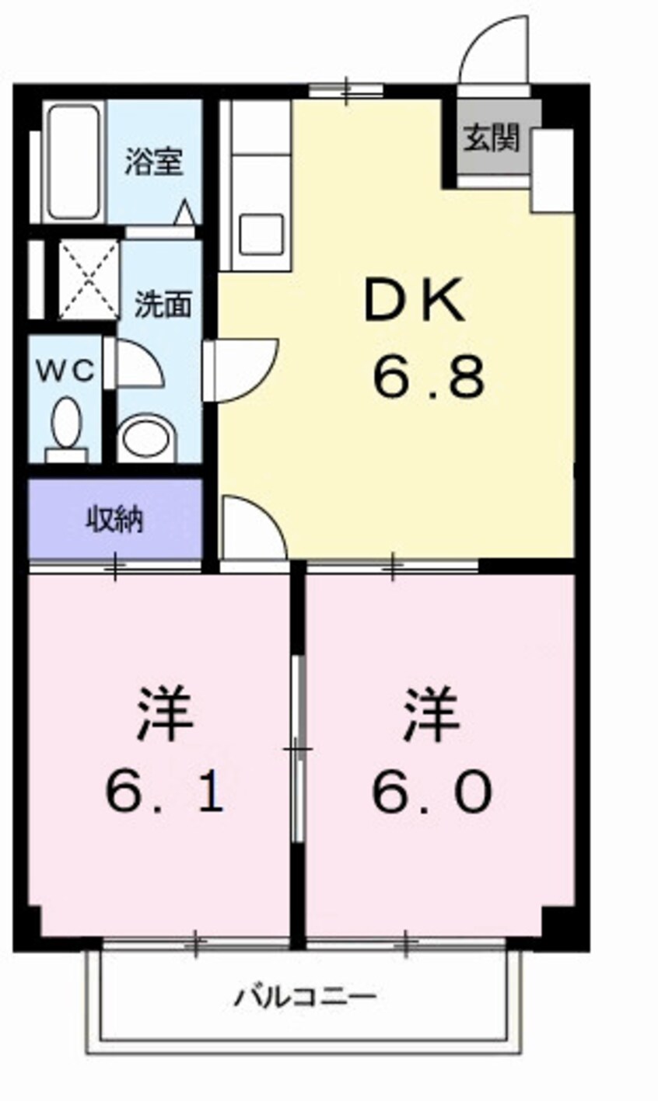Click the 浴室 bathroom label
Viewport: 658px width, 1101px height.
point(153,162)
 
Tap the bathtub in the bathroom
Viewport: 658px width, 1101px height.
point(74,162)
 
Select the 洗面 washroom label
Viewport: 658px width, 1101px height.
point(163,305)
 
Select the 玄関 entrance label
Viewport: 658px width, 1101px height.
point(492,138)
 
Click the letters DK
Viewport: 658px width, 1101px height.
point(415,300)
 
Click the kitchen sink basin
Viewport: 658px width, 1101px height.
point(261,234)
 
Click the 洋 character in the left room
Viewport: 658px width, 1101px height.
point(164,713)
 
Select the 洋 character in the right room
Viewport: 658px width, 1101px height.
point(432,713)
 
